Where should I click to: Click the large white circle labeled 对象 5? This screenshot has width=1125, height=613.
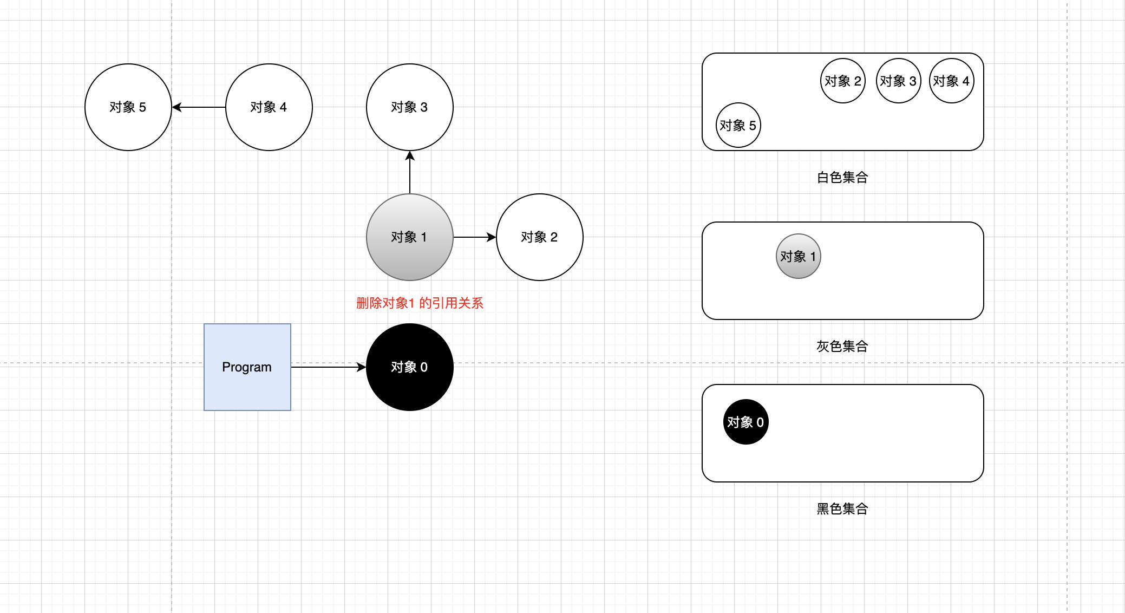coord(128,107)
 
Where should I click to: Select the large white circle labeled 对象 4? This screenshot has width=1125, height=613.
coord(269,107)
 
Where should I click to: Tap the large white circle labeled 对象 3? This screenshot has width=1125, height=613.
coord(410,107)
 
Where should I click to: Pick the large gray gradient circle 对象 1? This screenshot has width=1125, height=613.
coord(410,237)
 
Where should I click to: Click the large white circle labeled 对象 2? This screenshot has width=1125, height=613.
coord(540,237)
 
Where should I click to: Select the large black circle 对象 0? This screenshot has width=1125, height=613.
coord(410,367)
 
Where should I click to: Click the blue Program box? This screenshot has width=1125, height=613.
coord(247,367)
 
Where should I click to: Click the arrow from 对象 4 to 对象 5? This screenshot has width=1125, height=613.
coord(199,107)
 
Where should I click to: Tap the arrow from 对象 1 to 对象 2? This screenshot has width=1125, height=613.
coord(475,237)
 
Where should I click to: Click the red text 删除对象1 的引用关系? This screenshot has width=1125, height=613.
coord(420,303)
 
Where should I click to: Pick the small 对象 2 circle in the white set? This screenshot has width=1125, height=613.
coord(843,81)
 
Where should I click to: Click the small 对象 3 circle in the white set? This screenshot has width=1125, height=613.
coord(898,81)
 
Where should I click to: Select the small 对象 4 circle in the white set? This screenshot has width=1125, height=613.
coord(951,81)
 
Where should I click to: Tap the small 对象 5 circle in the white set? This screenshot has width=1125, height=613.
coord(738,125)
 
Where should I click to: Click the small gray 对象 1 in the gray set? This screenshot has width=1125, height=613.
coord(799,256)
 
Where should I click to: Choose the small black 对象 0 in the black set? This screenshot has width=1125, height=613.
coord(745,422)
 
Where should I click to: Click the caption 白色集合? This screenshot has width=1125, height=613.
coord(842,178)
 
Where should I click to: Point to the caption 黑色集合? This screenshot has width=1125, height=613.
coord(842,509)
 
